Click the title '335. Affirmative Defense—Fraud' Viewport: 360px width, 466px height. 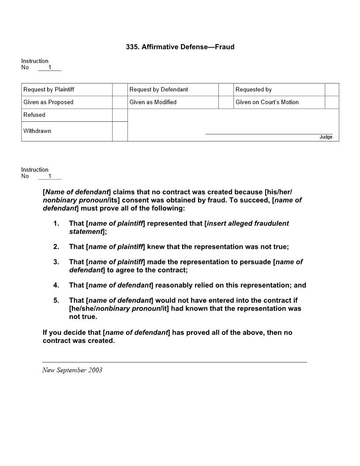[180, 47]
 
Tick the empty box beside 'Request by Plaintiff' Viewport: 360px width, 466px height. [120, 90]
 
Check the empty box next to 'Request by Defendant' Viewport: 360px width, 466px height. [225, 90]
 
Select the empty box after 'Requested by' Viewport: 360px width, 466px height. [332, 90]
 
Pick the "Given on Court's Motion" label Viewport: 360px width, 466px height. [267, 102]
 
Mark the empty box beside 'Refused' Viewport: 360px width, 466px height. [120, 115]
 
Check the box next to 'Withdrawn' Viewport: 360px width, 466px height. [120, 132]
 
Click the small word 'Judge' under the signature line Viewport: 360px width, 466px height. [326, 137]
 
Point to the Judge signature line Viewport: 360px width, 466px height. [269, 134]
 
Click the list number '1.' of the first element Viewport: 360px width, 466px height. [56, 223]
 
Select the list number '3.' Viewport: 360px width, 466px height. [56, 262]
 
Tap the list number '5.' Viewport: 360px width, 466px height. [56, 301]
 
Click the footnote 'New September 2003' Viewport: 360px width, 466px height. [72, 370]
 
